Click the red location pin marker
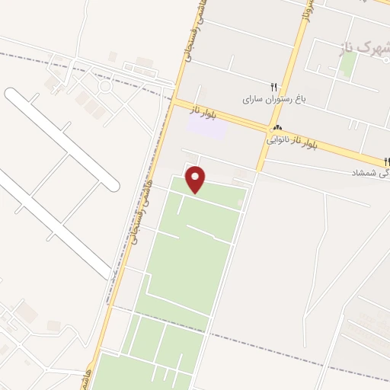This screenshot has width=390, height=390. (x=197, y=179)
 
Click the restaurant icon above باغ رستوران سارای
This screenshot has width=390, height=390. (x=274, y=87)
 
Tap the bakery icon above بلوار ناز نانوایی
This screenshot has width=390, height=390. (x=277, y=128)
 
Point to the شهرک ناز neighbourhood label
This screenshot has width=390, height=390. (x=363, y=48)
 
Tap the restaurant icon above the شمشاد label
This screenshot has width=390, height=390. (x=387, y=161)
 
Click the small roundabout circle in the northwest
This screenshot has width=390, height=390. (x=104, y=86)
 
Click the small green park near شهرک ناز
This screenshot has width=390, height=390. (x=347, y=65)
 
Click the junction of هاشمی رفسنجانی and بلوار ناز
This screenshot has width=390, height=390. (x=174, y=100)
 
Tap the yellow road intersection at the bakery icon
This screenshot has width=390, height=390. (x=270, y=128)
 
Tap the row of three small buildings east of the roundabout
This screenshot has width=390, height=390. (x=139, y=70)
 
